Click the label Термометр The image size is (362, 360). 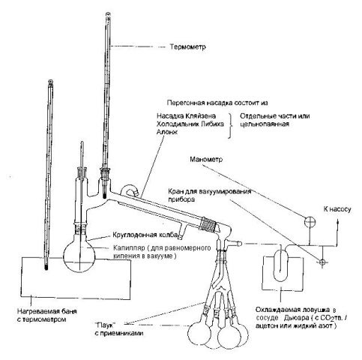(x=187, y=46)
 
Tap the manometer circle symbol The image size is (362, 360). (x=310, y=222)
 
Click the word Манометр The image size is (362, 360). (x=206, y=160)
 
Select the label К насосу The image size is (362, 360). (x=337, y=209)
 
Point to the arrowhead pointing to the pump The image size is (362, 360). (x=338, y=221)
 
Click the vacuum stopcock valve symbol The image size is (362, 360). (x=322, y=262)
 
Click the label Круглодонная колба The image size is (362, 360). (x=145, y=235)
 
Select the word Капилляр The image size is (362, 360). (x=129, y=248)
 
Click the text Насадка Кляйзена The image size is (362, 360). (x=186, y=116)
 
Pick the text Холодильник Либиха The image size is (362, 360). (x=190, y=124)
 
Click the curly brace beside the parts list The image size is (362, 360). (x=230, y=126)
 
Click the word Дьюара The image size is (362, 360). (x=296, y=318)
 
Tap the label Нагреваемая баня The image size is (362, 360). (x=47, y=311)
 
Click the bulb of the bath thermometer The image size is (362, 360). (x=46, y=267)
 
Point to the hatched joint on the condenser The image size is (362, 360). (x=208, y=223)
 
